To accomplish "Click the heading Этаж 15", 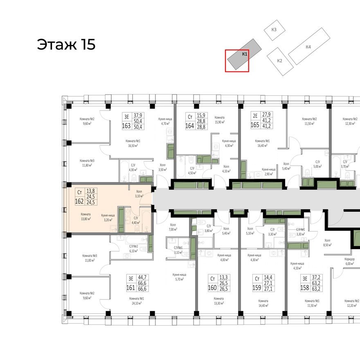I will (66, 45).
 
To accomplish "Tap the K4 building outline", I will (308, 47).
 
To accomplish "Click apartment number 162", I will (79, 201).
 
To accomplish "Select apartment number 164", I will (190, 126).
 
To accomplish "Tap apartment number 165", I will (255, 125).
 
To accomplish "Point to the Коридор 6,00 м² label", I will (350, 261).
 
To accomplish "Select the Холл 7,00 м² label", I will (173, 227).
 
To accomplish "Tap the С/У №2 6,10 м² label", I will (134, 248).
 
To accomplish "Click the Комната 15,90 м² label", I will (219, 119).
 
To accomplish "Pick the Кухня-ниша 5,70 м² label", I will (180, 277).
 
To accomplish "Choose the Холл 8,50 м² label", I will (327, 243).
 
